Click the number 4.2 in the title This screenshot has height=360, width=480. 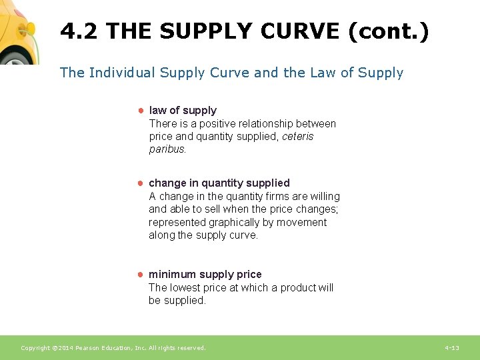[79, 31]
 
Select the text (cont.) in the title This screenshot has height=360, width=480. [388, 31]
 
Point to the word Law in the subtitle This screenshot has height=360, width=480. [323, 73]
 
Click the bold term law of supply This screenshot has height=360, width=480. [183, 110]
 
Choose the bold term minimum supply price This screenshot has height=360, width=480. [205, 274]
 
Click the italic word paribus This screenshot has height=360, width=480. [167, 149]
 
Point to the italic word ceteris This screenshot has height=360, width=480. [297, 137]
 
